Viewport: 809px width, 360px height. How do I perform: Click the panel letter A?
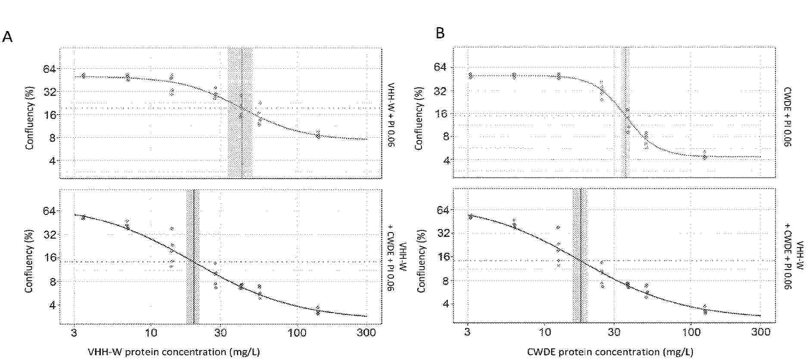[x=7, y=37]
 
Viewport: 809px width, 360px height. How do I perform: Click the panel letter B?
[x=440, y=33]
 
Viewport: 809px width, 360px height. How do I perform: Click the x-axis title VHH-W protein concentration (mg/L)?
[x=174, y=352]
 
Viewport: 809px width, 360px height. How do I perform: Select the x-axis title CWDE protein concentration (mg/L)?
[x=610, y=352]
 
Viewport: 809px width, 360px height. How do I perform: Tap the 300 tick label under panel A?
[x=366, y=333]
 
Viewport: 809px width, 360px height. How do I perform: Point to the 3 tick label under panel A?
[x=74, y=333]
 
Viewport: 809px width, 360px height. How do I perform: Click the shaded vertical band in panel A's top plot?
[x=240, y=113]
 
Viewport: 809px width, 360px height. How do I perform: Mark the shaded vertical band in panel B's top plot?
[x=625, y=113]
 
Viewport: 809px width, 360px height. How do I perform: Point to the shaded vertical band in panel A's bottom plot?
[x=193, y=257]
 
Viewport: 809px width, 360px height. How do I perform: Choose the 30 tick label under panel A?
[x=220, y=333]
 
